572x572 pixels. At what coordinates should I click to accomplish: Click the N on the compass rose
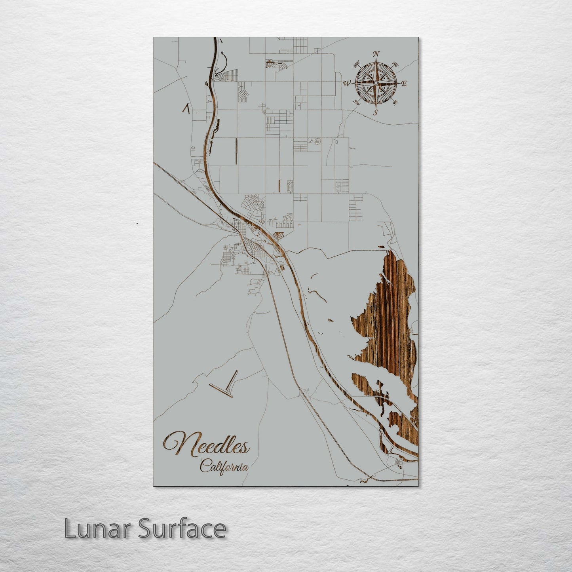point(377,54)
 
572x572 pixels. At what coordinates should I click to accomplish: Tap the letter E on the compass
point(404,83)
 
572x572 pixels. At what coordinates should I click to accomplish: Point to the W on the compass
point(347,83)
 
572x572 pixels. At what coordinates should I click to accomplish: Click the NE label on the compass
point(394,64)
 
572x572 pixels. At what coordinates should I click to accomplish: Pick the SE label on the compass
point(395,103)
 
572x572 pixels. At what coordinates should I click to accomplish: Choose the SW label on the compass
point(357,103)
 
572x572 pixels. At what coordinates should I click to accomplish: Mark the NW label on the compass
point(356,63)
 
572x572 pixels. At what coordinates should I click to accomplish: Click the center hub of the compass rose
point(376,83)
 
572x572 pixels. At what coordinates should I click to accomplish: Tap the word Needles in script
point(207,445)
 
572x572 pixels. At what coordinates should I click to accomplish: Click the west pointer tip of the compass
point(352,83)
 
